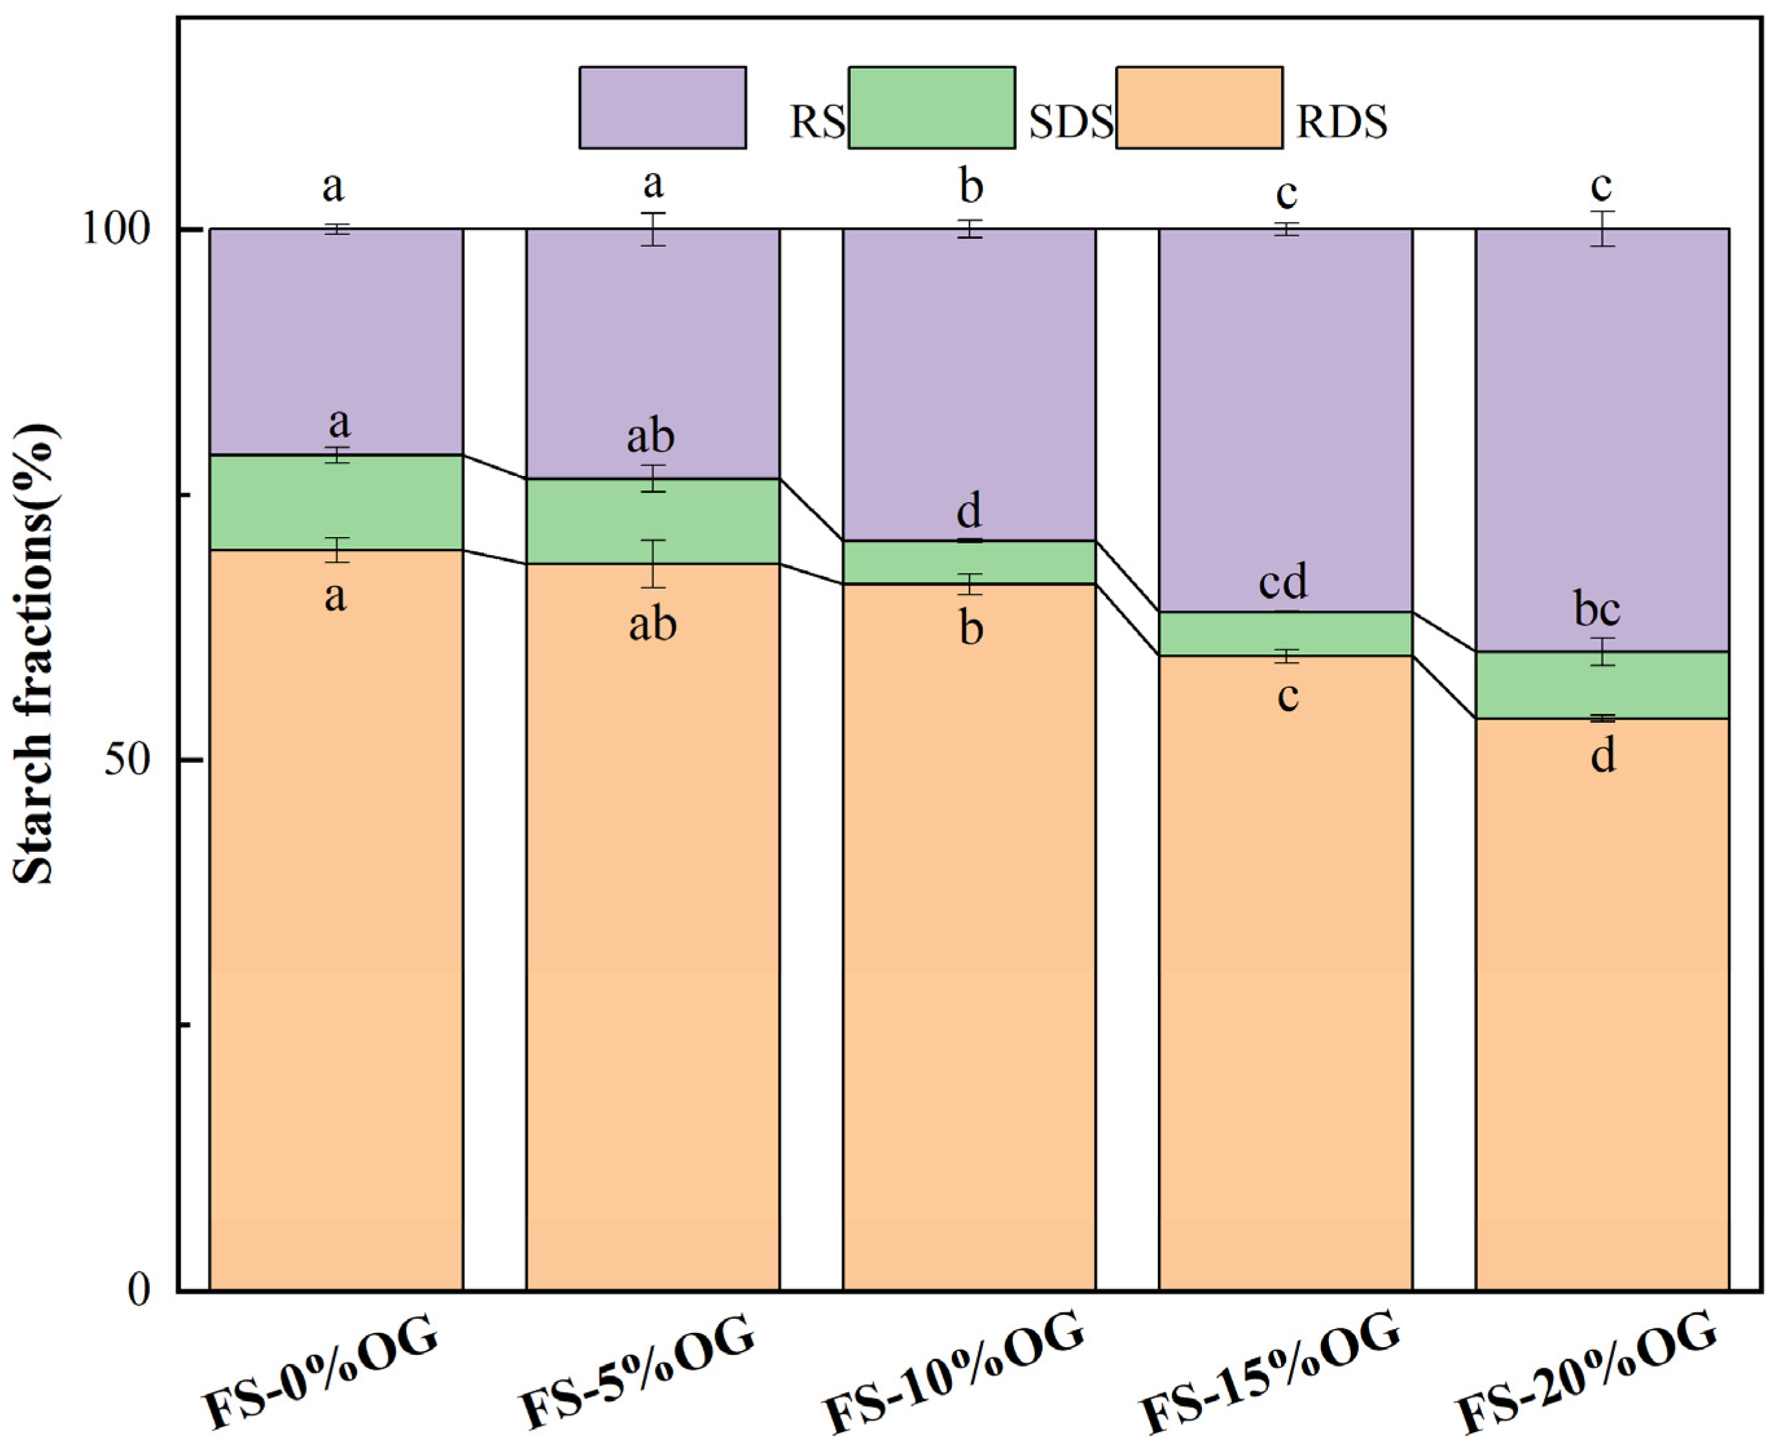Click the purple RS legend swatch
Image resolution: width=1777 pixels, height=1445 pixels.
point(662,108)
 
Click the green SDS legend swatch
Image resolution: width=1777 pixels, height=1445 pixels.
point(931,108)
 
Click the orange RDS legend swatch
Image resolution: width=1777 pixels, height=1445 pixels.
point(1199,108)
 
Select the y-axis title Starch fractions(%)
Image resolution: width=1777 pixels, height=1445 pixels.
point(35,654)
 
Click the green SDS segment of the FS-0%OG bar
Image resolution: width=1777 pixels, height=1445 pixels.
point(335,502)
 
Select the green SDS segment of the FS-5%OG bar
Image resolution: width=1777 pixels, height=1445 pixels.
point(653,521)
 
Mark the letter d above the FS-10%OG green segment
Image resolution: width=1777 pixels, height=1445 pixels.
point(969,511)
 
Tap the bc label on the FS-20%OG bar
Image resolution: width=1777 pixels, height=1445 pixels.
point(1596,610)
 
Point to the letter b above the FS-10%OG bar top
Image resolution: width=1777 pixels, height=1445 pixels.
point(971,187)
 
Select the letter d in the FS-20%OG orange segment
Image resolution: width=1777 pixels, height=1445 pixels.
point(1603,756)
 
